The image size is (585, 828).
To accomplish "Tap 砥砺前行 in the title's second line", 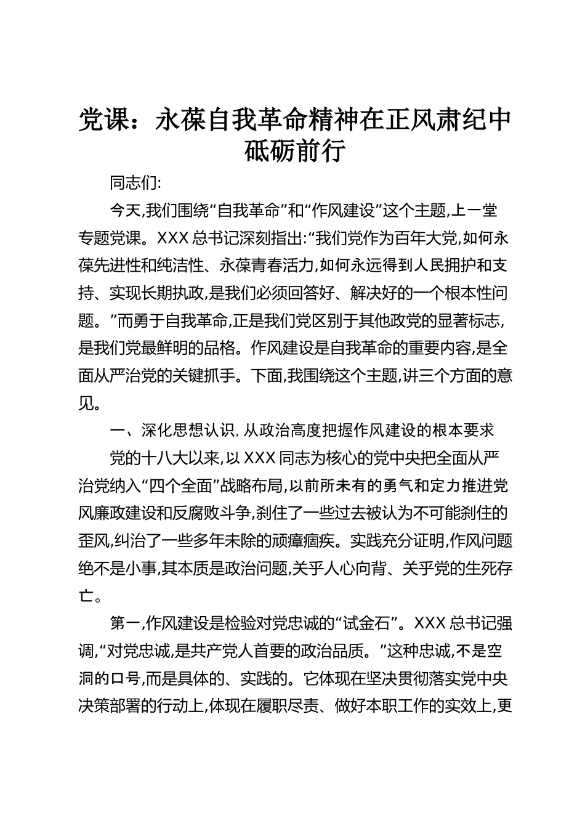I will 294,151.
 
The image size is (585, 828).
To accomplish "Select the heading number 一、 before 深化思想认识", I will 118,431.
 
